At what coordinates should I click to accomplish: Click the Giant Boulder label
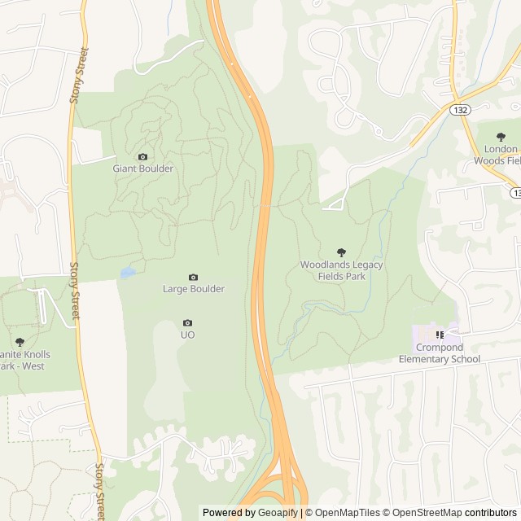tap(142, 169)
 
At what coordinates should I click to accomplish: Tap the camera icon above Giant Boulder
tap(143, 157)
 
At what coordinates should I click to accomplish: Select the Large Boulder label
tap(193, 288)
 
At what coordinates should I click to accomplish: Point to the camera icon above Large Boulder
tap(193, 278)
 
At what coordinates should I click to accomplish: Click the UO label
tap(187, 335)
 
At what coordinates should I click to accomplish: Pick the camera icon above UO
tap(187, 323)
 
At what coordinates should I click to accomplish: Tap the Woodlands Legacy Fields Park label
tap(341, 270)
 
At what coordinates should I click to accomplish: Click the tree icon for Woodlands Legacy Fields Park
tap(341, 252)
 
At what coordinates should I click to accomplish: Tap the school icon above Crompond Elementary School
tap(440, 335)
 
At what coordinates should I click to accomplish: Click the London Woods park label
tap(497, 155)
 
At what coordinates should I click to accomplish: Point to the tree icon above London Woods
tap(501, 137)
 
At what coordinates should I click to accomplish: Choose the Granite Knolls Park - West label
tap(24, 360)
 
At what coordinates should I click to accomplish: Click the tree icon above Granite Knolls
tap(20, 343)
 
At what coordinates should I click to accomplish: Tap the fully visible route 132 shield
tap(462, 108)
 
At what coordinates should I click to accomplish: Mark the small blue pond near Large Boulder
tap(128, 273)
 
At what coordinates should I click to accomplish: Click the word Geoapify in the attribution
tap(278, 513)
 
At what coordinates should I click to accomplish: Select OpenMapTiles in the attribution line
tap(348, 513)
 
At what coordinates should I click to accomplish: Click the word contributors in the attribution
tap(491, 513)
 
